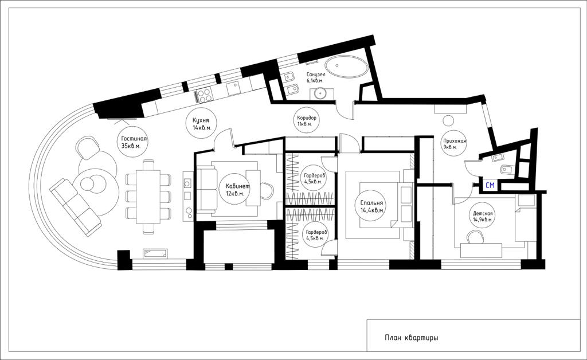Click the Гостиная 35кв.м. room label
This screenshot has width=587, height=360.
click(134, 142)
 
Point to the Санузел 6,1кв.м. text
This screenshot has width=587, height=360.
click(316, 77)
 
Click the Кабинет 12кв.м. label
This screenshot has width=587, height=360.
click(237, 190)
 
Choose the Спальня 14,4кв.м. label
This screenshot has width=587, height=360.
click(372, 206)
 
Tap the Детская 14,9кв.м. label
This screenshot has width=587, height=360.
click(483, 217)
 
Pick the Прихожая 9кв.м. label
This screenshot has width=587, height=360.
click(455, 144)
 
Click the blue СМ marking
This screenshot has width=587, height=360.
click(490, 185)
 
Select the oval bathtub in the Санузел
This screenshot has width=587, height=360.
click(346, 68)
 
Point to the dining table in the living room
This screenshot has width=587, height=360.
click(148, 197)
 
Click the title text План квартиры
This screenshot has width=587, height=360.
click(411, 338)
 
